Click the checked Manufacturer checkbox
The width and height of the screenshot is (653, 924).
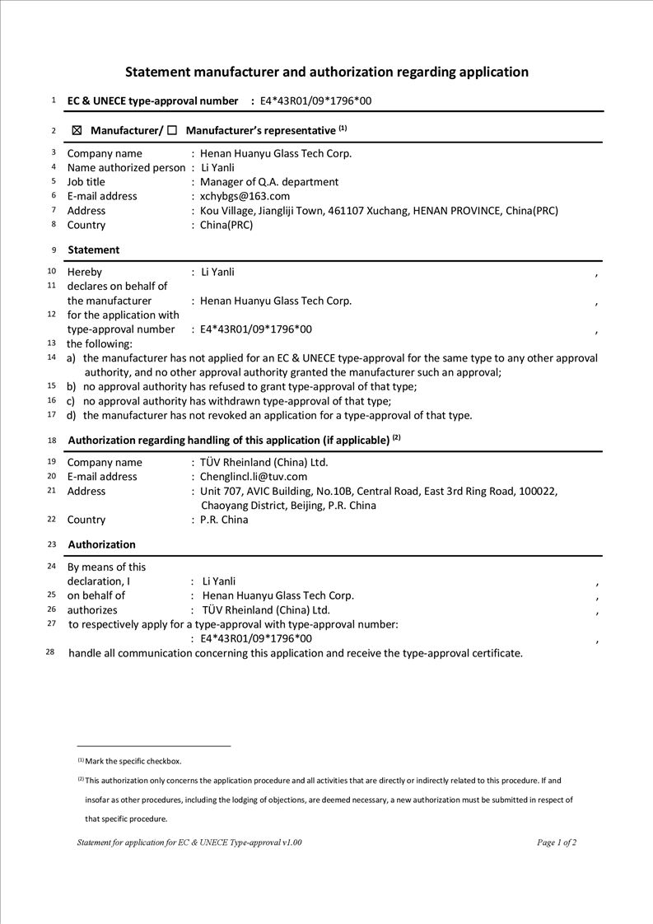pyautogui.click(x=77, y=130)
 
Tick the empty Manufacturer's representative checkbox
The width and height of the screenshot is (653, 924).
pyautogui.click(x=172, y=130)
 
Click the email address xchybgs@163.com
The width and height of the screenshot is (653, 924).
pyautogui.click(x=245, y=196)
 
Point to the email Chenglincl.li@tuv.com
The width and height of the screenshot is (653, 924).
pyautogui.click(x=254, y=477)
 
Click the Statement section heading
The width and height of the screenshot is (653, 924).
pyautogui.click(x=94, y=250)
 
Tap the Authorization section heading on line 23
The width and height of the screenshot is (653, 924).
pyautogui.click(x=102, y=544)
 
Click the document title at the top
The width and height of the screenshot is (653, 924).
pyautogui.click(x=327, y=72)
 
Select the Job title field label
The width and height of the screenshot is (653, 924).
pyautogui.click(x=86, y=182)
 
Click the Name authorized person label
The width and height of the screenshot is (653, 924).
pyautogui.click(x=126, y=168)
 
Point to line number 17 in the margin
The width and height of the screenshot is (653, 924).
pyautogui.click(x=51, y=414)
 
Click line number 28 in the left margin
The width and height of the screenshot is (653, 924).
pyautogui.click(x=50, y=651)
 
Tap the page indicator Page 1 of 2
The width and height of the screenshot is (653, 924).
pyautogui.click(x=557, y=842)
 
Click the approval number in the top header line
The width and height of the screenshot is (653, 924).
pyautogui.click(x=315, y=101)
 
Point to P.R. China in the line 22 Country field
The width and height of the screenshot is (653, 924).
pyautogui.click(x=224, y=520)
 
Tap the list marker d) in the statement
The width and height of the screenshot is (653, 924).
pyautogui.click(x=72, y=415)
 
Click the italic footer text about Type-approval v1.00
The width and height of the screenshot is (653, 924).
pyautogui.click(x=189, y=842)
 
